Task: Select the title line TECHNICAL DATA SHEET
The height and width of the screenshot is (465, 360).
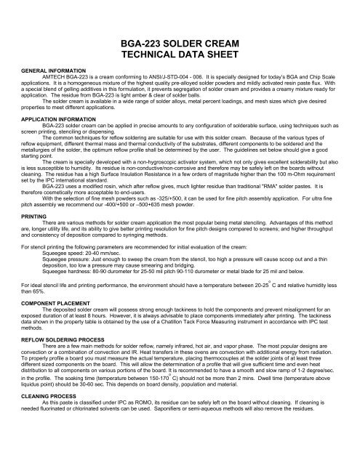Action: [x=179, y=62]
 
